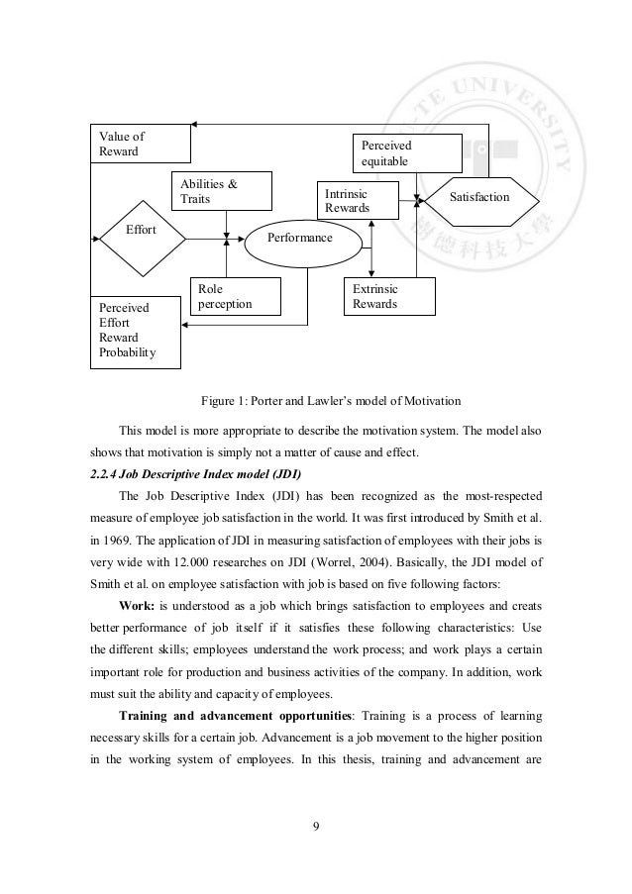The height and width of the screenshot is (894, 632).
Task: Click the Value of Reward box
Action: [140, 144]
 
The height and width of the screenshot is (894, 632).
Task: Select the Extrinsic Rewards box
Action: [388, 296]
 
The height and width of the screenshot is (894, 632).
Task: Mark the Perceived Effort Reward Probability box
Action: [137, 331]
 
